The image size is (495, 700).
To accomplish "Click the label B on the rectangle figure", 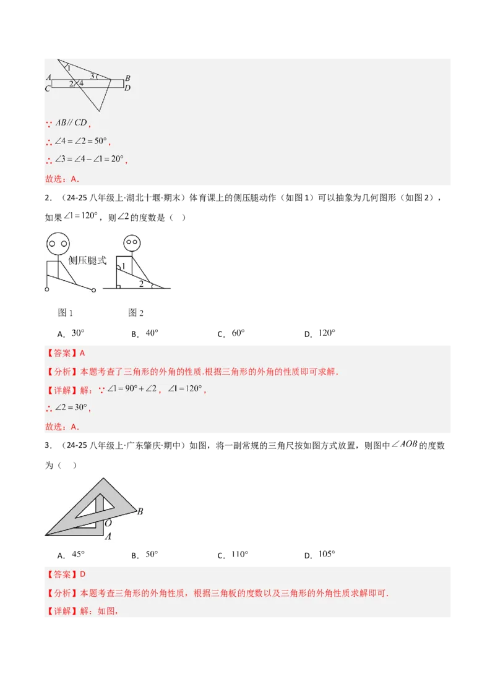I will pyautogui.click(x=127, y=79).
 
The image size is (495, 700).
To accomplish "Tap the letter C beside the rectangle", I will pyautogui.click(x=48, y=88).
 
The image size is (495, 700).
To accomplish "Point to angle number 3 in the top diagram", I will pyautogui.click(x=92, y=77).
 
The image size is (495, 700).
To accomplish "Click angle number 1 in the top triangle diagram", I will pyautogui.click(x=68, y=67).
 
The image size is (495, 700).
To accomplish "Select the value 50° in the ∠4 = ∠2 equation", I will pyautogui.click(x=100, y=141).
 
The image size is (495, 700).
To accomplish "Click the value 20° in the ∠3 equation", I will pyautogui.click(x=117, y=160).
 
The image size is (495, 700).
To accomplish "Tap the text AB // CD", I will pyautogui.click(x=71, y=122).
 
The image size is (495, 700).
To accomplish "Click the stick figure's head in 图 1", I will pyautogui.click(x=58, y=243).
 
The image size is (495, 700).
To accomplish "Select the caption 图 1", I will pyautogui.click(x=65, y=313).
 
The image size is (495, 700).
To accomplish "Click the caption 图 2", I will pyautogui.click(x=136, y=313).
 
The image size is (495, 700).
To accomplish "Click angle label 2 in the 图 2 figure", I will pyautogui.click(x=141, y=283).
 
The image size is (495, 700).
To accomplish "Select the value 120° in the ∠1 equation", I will pyautogui.click(x=192, y=390).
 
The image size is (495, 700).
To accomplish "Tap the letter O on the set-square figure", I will pyautogui.click(x=108, y=523).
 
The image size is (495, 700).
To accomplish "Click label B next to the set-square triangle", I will pyautogui.click(x=140, y=511).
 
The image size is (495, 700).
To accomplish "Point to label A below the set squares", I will pyautogui.click(x=108, y=536).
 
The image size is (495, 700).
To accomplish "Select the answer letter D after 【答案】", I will pyautogui.click(x=82, y=574).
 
